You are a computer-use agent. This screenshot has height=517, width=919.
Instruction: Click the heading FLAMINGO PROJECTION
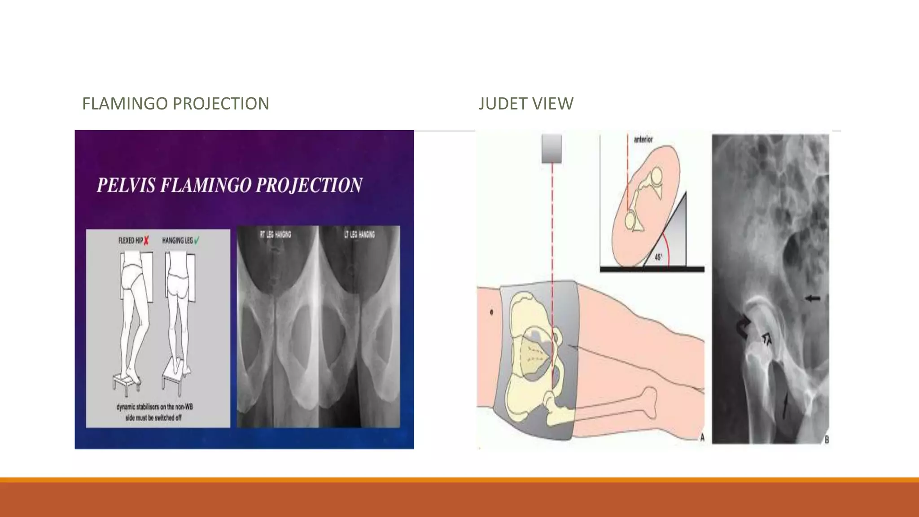(175, 104)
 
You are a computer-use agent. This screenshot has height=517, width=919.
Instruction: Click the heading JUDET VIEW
(525, 104)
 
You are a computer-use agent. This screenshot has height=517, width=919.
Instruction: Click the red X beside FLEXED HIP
(146, 241)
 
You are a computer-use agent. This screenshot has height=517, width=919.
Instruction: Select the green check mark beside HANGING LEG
(197, 241)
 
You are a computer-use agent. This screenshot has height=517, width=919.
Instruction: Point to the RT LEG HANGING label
(276, 234)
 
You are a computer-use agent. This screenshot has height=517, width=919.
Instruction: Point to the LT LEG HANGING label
(359, 234)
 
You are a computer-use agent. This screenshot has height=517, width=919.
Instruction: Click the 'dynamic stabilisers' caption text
(154, 412)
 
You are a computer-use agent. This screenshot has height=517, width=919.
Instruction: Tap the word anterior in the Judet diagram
(643, 140)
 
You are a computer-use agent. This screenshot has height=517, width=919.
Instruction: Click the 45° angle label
(658, 258)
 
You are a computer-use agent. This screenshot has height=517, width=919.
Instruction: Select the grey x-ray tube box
(551, 148)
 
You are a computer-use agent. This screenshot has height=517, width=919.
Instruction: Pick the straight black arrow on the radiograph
(813, 298)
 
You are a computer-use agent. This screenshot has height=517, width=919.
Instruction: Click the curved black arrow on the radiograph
(743, 328)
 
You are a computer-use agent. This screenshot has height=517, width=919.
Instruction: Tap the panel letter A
(702, 438)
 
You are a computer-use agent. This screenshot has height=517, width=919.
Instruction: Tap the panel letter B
(827, 440)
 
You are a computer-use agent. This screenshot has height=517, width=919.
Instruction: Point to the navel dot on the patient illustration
(492, 312)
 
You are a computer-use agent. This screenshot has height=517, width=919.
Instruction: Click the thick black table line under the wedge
(652, 269)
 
